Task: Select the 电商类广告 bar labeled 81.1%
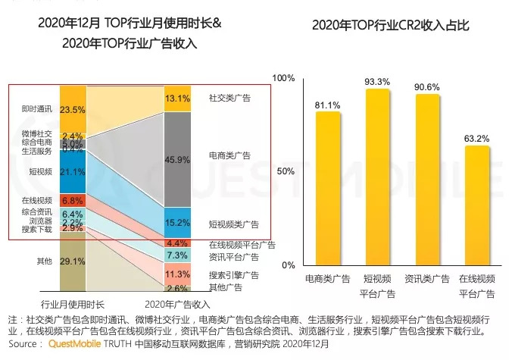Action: pyautogui.click(x=328, y=189)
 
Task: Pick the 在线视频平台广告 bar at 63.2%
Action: pyautogui.click(x=477, y=205)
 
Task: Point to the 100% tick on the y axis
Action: pyautogui.click(x=283, y=78)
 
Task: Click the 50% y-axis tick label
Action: pyautogui.click(x=285, y=171)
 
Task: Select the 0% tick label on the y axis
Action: pyautogui.click(x=288, y=265)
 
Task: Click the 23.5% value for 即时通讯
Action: pyautogui.click(x=72, y=110)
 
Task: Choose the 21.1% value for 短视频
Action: pyautogui.click(x=72, y=171)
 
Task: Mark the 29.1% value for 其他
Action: pyautogui.click(x=72, y=261)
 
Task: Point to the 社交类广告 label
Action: pyautogui.click(x=229, y=98)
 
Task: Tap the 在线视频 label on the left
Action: pyautogui.click(x=36, y=200)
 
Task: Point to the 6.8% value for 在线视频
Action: pyautogui.click(x=72, y=200)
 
